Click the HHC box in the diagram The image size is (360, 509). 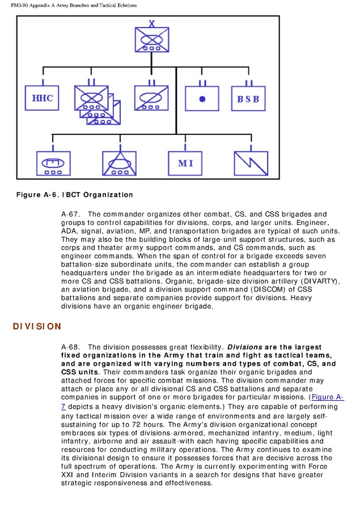[x=42, y=99]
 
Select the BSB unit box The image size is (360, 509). [x=248, y=99]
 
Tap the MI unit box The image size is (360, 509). [x=185, y=163]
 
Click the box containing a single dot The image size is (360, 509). [x=202, y=99]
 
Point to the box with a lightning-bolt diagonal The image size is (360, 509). [x=251, y=163]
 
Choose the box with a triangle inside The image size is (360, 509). [x=119, y=163]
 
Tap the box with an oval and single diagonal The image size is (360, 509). [x=151, y=99]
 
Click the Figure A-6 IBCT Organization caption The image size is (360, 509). [x=74, y=194]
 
